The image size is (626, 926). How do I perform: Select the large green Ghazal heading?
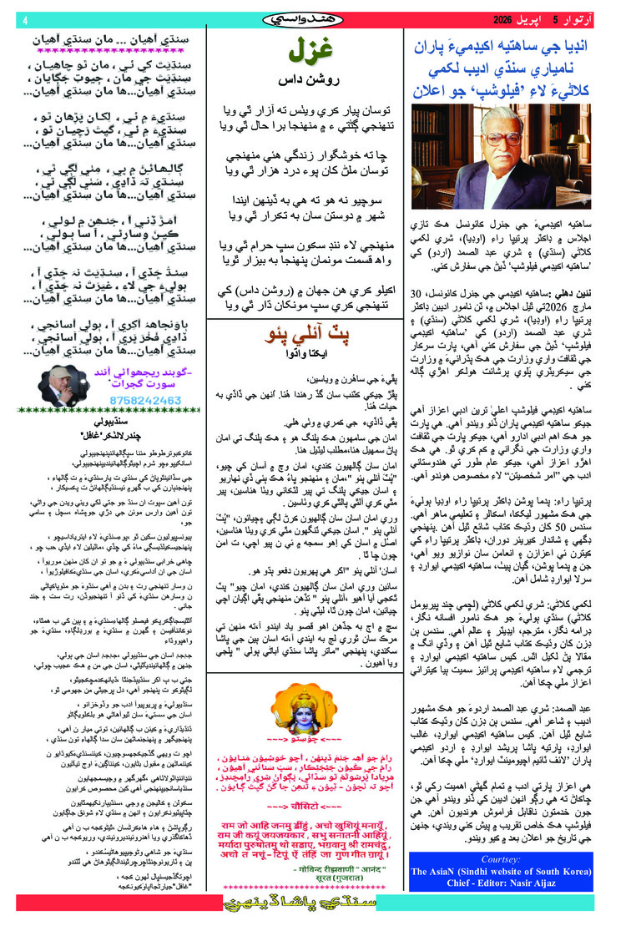(300, 53)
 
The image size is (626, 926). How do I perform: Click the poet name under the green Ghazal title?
(300, 81)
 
